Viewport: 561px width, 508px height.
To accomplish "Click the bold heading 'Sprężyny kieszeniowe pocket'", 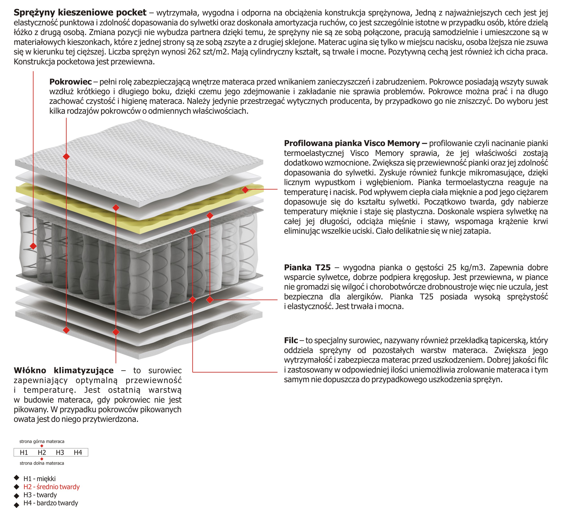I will click(80, 13).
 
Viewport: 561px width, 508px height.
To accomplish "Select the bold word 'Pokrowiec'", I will click(70, 82).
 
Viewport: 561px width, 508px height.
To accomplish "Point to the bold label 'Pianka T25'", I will click(307, 267).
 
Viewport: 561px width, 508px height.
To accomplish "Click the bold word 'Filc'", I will click(291, 340).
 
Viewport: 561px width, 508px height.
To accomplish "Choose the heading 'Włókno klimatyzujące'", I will click(64, 370).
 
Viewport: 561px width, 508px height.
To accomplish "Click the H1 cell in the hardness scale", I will click(24, 453).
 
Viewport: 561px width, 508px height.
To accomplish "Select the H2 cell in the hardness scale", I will click(42, 453).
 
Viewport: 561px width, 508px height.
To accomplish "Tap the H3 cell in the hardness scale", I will click(60, 453).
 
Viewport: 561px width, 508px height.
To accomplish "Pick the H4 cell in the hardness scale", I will click(78, 453).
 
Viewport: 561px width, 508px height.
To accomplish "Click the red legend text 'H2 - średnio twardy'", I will click(51, 487).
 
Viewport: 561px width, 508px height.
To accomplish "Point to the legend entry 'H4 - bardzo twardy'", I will click(51, 503).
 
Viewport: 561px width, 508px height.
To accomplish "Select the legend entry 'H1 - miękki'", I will click(39, 479).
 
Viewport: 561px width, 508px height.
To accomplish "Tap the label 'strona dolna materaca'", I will click(42, 463).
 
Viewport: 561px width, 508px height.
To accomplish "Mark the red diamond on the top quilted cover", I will click(66, 156).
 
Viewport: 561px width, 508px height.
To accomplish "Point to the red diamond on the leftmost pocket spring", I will click(33, 246).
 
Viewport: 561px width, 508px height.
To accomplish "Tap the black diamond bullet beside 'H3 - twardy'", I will click(16, 495).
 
